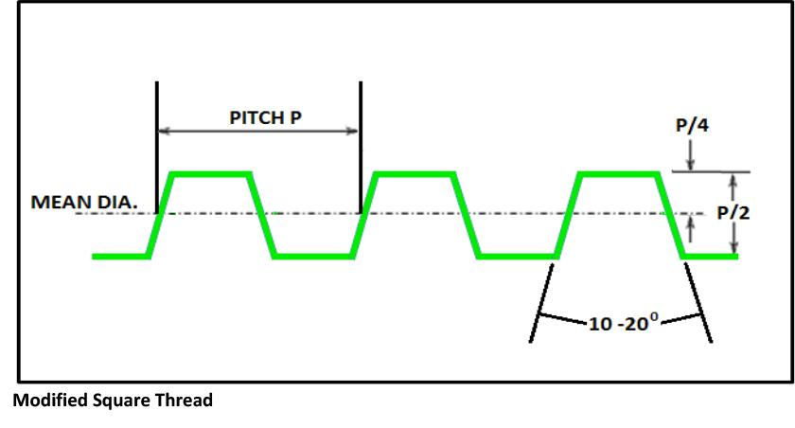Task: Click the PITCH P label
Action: [x=271, y=117]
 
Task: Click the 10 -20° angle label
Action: [x=621, y=324]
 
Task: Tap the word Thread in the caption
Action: [x=184, y=401]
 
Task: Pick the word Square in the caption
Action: [x=120, y=401]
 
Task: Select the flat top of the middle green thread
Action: [x=415, y=173]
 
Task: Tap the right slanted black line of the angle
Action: [x=698, y=303]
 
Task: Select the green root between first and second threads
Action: [x=312, y=256]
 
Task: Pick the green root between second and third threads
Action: [x=517, y=256]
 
